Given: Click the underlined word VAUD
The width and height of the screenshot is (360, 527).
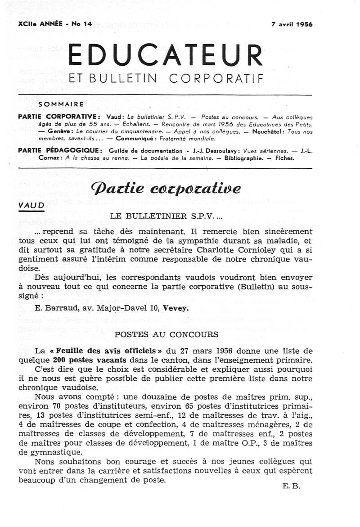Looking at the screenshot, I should [31, 205].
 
